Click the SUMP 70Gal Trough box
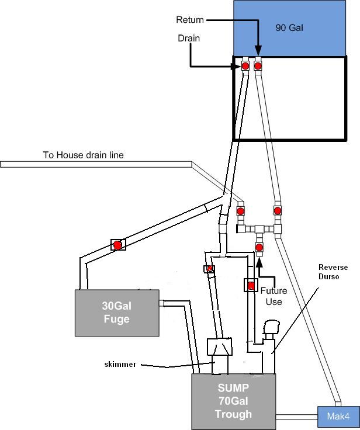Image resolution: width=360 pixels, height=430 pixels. [234, 403]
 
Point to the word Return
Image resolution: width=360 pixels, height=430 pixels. [190, 20]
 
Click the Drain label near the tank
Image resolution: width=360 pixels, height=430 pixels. [188, 38]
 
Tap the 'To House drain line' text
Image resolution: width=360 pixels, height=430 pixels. [84, 155]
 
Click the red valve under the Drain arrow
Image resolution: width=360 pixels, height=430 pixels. [246, 66]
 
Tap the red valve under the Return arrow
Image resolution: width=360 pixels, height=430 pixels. [258, 66]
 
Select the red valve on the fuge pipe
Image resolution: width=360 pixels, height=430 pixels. [117, 245]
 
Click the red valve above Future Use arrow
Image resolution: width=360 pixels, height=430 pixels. [259, 248]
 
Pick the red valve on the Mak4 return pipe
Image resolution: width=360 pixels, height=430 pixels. [278, 210]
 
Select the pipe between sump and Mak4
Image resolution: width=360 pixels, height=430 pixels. [296, 417]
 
